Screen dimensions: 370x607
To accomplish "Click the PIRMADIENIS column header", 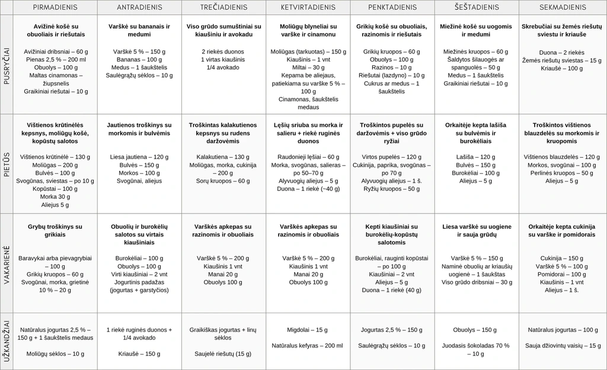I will (57, 8).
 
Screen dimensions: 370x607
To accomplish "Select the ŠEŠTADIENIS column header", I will (477, 8).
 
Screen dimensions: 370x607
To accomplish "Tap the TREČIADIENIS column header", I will (224, 8).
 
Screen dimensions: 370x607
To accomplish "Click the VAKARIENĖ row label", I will (7, 263).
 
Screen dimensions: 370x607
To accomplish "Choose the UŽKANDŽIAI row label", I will (7, 341).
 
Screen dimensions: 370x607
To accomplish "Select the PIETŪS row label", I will (7, 164).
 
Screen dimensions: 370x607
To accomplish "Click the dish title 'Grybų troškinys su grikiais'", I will (55, 231).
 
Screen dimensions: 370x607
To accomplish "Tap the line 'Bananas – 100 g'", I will (140, 59).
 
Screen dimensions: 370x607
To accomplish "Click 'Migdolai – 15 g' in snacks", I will (307, 329).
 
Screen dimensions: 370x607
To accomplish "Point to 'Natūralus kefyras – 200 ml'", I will (307, 345).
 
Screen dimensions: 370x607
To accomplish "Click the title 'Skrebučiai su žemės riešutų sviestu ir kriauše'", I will (561, 31).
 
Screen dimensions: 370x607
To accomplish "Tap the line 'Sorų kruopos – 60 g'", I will (223, 180).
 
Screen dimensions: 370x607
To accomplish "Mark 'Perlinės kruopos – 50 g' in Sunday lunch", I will (561, 173).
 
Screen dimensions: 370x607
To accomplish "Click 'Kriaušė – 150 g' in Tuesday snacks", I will (140, 353).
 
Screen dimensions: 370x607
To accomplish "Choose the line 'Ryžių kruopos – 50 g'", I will (391, 189).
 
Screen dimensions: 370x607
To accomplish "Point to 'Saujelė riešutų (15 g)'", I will (223, 353).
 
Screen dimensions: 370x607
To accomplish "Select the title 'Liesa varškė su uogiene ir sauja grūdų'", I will (475, 231).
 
